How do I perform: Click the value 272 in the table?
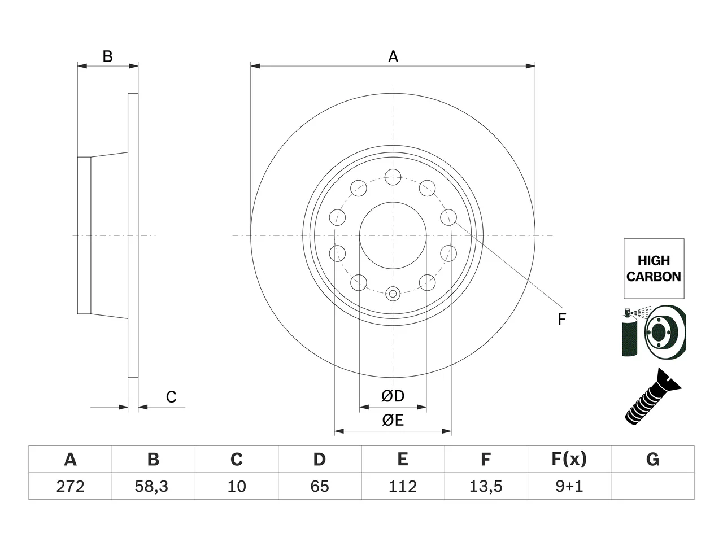(70, 486)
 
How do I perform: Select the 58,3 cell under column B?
(151, 486)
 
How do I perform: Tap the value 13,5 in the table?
(486, 486)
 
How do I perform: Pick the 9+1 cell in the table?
(569, 486)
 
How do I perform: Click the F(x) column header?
(569, 460)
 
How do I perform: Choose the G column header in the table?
(652, 459)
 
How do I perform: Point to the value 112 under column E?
(403, 486)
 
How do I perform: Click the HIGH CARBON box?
(654, 269)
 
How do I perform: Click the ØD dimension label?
(393, 396)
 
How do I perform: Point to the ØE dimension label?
(393, 420)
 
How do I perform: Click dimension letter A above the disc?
(393, 56)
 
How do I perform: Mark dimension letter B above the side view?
(108, 56)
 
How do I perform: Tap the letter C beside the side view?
(171, 397)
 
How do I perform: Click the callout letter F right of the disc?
(561, 319)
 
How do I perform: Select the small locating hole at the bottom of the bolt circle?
(393, 294)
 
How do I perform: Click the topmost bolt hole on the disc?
(393, 177)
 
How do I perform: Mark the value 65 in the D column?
(320, 486)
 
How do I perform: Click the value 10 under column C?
(237, 486)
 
